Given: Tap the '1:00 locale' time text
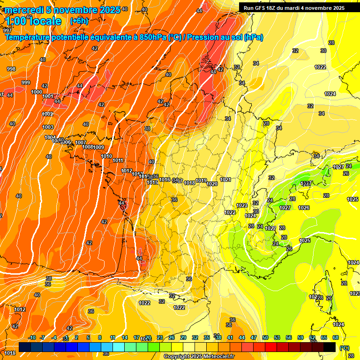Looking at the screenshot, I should [34, 21].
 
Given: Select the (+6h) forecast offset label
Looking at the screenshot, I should [78, 21].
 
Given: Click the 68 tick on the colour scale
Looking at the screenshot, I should [336, 337].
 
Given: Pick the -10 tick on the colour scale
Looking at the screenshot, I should [32, 337].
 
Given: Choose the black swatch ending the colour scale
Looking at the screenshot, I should [330, 347].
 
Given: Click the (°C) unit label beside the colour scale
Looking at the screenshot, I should [344, 347].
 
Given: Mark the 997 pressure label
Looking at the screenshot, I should [7, 30].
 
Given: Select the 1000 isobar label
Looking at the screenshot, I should [37, 92].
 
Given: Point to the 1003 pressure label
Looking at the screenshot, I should [48, 127].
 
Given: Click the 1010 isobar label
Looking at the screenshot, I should [106, 156].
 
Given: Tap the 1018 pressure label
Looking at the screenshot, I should [189, 183].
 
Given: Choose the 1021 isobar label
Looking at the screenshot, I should [225, 180].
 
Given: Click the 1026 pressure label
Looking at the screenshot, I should [304, 208].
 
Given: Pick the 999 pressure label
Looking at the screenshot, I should [26, 82].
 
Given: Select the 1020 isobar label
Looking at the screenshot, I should [212, 184].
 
